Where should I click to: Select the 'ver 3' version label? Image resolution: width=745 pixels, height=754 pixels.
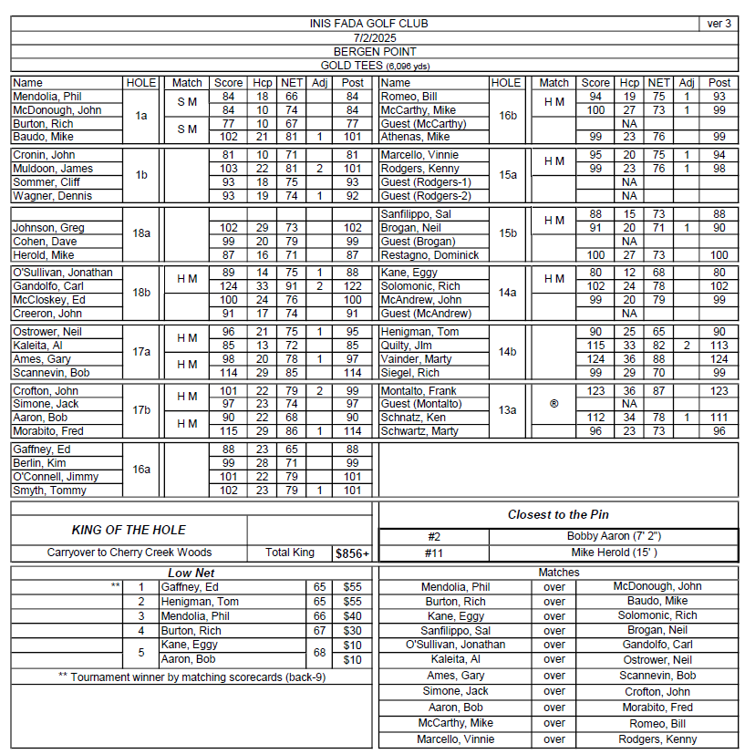tap(719, 24)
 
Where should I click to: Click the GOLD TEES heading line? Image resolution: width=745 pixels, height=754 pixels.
tap(374, 66)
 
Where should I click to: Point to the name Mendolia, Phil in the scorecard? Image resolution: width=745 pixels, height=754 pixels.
tap(47, 97)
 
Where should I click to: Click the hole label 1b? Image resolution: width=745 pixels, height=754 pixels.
tap(141, 175)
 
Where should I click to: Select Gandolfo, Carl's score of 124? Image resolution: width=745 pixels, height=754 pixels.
tap(228, 286)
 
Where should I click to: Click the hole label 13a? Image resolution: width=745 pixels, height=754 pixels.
tap(506, 410)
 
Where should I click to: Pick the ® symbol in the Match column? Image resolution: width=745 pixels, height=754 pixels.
tap(554, 404)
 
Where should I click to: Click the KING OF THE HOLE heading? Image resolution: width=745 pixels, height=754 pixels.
tap(129, 530)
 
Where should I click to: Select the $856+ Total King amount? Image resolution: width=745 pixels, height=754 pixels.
tap(352, 553)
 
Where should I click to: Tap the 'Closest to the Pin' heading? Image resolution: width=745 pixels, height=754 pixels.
tap(558, 514)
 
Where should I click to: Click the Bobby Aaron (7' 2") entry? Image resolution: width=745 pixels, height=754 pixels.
tap(613, 537)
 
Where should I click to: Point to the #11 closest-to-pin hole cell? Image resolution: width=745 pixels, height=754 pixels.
tap(433, 553)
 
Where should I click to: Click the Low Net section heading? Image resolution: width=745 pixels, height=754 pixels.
tap(191, 573)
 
